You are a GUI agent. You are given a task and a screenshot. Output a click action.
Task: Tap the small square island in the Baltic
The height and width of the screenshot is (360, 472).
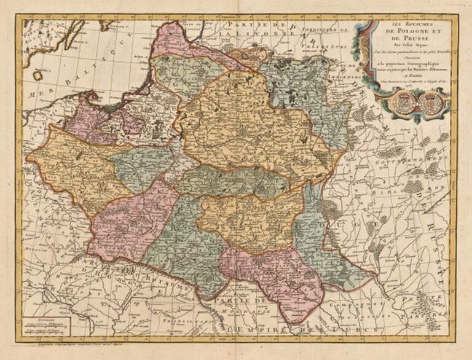(39, 75)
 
